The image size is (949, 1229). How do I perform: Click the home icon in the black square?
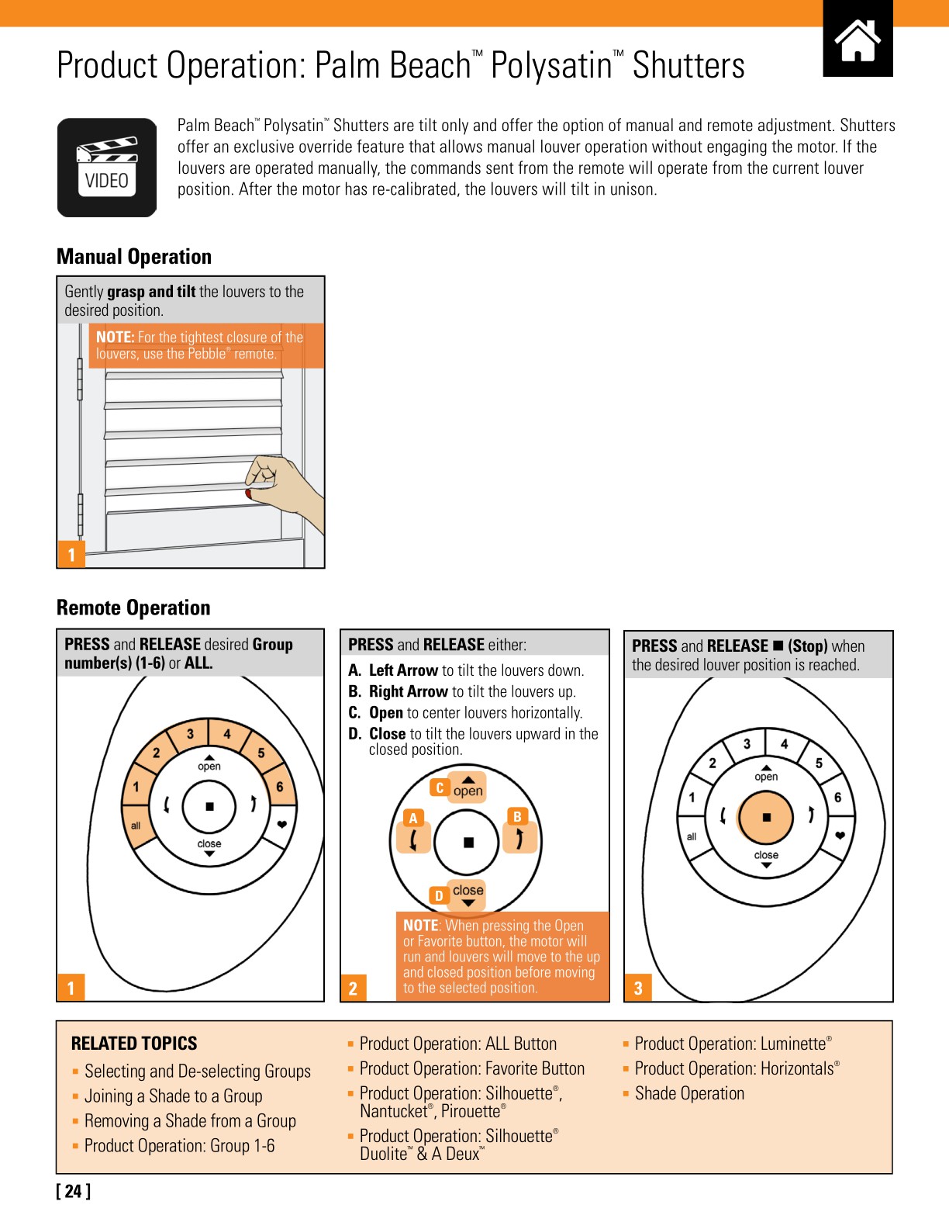pos(858,40)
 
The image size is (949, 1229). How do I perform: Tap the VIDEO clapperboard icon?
pos(107,168)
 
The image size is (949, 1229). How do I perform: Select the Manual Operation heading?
pos(134,257)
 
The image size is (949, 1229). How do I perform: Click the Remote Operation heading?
pos(133,608)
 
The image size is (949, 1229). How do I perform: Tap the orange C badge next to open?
pos(440,788)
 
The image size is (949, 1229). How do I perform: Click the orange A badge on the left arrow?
pos(413,818)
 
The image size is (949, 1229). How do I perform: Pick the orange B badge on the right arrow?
pos(517,816)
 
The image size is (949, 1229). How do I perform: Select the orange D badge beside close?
pos(439,895)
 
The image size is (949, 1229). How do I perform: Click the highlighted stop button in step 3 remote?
pos(766,817)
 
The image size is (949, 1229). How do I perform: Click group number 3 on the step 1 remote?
pos(191,734)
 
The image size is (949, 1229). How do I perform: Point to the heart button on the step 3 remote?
pos(840,836)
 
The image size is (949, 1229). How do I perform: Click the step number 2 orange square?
pos(354,988)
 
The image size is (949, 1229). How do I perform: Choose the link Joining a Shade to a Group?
pos(173,1096)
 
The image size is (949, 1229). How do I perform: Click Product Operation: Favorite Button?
pos(471,1068)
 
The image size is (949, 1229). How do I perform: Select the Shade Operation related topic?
pos(688,1093)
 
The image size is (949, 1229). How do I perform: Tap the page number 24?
pos(73,1191)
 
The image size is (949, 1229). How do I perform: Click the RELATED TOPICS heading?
pos(134,1044)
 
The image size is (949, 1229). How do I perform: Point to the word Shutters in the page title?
pos(688,66)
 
